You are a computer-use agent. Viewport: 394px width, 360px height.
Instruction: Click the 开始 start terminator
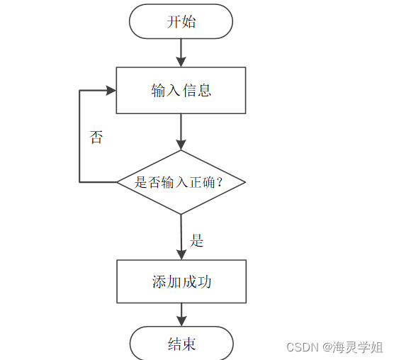(x=181, y=21)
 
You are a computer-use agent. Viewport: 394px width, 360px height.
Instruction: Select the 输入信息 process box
(x=181, y=91)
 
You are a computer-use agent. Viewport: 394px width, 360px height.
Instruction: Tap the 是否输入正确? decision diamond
(x=181, y=182)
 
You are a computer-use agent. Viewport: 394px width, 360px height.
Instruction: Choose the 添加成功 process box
(x=181, y=281)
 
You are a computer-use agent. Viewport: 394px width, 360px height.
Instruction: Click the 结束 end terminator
(x=181, y=344)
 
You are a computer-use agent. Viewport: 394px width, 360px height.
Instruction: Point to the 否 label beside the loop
(x=96, y=137)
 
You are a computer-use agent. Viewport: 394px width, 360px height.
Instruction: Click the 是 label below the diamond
(x=196, y=240)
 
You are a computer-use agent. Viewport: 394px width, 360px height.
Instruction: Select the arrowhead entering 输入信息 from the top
(x=181, y=62)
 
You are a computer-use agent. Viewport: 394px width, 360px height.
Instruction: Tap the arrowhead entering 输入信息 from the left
(x=111, y=90)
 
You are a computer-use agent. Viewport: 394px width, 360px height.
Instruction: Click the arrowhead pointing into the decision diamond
(x=181, y=145)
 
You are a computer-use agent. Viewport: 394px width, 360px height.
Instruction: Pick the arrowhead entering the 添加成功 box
(x=181, y=255)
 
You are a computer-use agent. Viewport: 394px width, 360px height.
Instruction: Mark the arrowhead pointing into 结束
(x=181, y=322)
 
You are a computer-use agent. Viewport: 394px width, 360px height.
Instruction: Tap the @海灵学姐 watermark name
(x=352, y=347)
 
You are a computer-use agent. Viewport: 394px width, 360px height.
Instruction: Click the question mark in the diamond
(x=220, y=182)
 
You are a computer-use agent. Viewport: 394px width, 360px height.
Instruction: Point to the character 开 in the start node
(x=174, y=21)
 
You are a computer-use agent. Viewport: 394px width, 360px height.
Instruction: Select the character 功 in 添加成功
(x=204, y=281)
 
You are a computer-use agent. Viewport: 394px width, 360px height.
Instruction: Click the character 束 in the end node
(x=189, y=344)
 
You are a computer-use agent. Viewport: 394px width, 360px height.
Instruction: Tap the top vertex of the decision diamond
(x=181, y=150)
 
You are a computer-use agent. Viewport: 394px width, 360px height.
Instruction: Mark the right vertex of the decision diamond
(x=245, y=182)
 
